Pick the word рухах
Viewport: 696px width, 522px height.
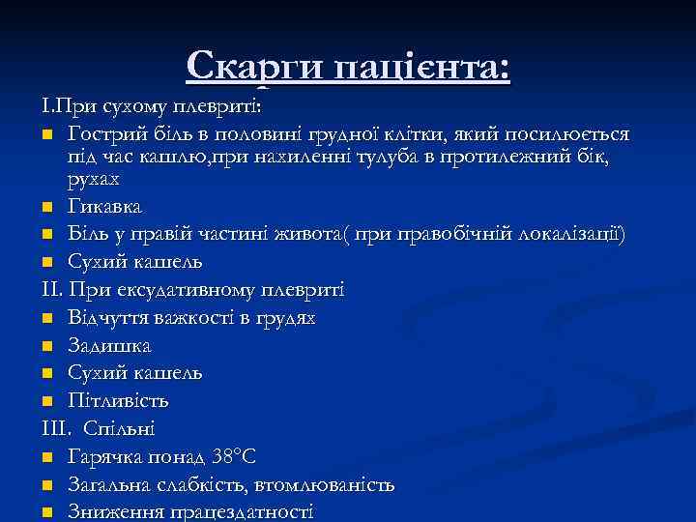(x=94, y=179)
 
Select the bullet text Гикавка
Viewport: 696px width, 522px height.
(x=104, y=207)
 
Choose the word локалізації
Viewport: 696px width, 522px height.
(x=575, y=235)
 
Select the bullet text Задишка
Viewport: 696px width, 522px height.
(x=109, y=345)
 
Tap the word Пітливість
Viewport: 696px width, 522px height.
(x=118, y=400)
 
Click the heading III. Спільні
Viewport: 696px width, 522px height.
(x=99, y=428)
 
